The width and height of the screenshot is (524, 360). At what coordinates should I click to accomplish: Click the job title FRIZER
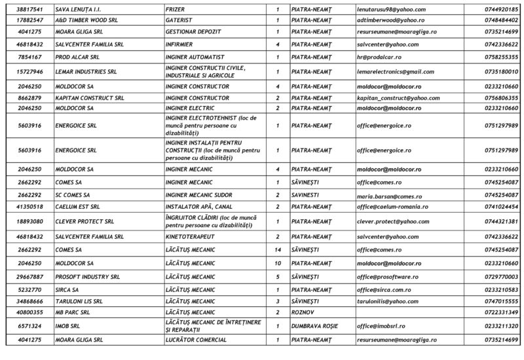(x=176, y=10)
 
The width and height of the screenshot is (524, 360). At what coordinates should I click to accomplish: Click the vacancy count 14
(x=278, y=249)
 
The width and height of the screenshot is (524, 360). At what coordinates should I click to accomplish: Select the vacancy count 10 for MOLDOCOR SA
(x=278, y=263)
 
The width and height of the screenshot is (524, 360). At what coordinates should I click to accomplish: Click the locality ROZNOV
(x=303, y=312)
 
